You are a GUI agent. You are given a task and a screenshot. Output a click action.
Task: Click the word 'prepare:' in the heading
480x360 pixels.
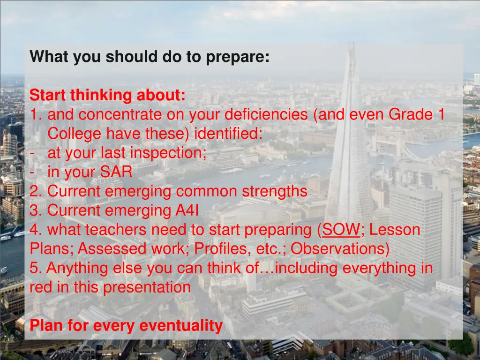(238, 57)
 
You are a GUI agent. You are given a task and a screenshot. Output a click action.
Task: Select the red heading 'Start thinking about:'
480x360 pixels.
(107, 96)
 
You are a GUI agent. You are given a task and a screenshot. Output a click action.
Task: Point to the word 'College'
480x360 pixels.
(75, 134)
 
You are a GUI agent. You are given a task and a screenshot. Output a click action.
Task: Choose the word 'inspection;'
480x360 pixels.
(168, 153)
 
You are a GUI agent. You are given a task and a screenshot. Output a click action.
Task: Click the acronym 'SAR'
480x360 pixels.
(116, 172)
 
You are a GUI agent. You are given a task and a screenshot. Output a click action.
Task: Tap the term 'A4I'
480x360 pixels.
(187, 211)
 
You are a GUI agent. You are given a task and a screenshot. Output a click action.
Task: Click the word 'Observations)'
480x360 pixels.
(340, 249)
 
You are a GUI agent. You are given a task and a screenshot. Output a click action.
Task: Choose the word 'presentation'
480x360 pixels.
(146, 287)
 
